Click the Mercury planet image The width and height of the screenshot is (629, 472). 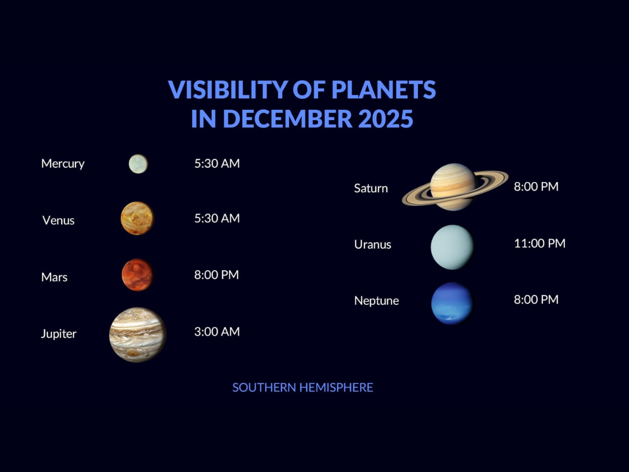pos(138,164)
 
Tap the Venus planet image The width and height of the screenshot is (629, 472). pos(137,218)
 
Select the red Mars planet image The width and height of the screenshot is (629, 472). pos(137,274)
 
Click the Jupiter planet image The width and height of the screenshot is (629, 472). pos(138,335)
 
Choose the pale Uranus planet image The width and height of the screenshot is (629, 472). pos(452,247)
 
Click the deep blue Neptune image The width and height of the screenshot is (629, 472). pos(452,303)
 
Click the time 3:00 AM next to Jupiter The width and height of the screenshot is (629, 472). pos(217,331)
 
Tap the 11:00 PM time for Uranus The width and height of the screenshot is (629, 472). pos(539,243)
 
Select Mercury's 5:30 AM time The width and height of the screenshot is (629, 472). pos(217,163)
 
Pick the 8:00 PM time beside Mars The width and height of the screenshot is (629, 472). pos(216,275)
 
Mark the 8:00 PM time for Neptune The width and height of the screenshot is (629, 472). pos(536,299)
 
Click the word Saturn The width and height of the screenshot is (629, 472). pos(371,188)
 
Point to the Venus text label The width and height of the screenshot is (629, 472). pos(58,220)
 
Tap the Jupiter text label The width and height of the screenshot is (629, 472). pos(59,334)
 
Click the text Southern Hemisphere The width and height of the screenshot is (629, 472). pos(302,388)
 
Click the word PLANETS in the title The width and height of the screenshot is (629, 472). pos(384,90)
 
